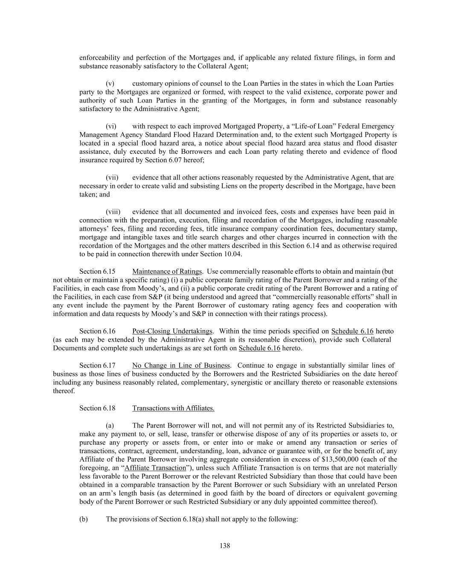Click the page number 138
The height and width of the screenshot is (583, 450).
pos(225,545)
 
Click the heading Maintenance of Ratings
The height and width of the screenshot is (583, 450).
pos(167,271)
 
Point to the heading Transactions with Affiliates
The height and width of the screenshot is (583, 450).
pos(173,408)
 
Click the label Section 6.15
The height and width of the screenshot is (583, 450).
pos(97,271)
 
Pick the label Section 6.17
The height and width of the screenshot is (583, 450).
pos(97,365)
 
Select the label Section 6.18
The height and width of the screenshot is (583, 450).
pos(97,408)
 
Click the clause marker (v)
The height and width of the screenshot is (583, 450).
pos(110,83)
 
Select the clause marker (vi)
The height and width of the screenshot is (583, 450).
pos(111,126)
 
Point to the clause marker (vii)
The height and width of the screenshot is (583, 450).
pos(112,177)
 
